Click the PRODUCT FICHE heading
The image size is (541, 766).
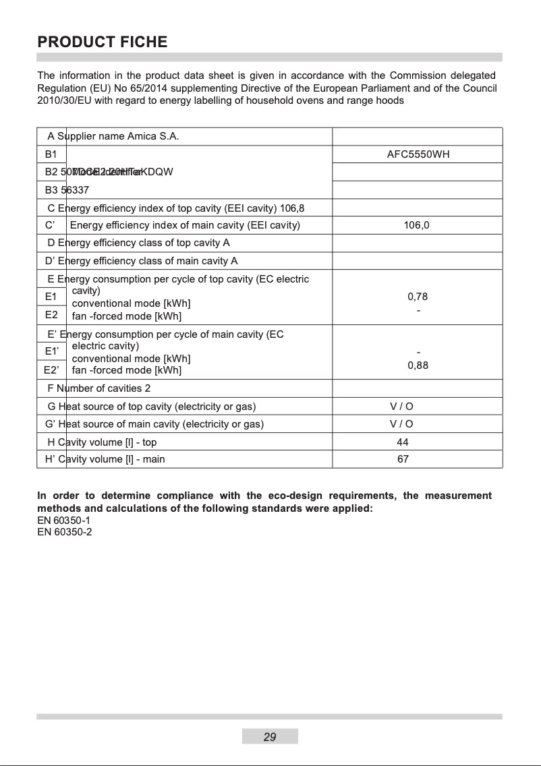coord(103,42)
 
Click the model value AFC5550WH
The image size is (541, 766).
coord(418,154)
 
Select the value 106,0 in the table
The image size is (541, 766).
coord(417,225)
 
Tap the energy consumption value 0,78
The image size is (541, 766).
coord(418,297)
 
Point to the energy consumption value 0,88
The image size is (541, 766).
coord(418,366)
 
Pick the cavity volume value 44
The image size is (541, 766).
coord(403,442)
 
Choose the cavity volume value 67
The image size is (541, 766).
coord(403,460)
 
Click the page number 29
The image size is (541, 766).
coord(270,737)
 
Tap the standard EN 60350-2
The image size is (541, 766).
coord(64,532)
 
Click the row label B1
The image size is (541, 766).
coord(51,154)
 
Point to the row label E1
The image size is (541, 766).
coord(51,297)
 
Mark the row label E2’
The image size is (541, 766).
coord(52,370)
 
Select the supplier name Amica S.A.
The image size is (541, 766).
coord(152,136)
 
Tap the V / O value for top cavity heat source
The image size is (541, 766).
coord(402,407)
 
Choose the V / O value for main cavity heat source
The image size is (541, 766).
coord(402,424)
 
